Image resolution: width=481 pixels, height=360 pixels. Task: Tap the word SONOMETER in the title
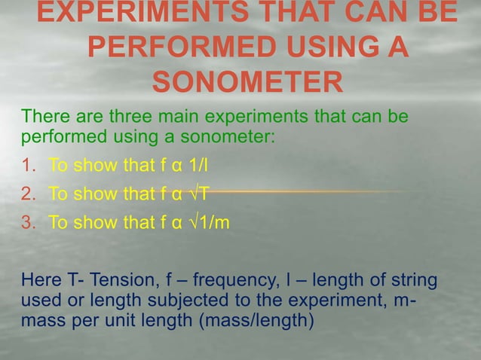(247, 83)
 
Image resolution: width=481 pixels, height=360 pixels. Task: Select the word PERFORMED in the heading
(183, 49)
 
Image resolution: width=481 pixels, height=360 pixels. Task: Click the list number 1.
(27, 165)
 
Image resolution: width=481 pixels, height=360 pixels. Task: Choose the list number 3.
(27, 222)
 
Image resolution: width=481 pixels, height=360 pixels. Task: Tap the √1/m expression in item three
(208, 222)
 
